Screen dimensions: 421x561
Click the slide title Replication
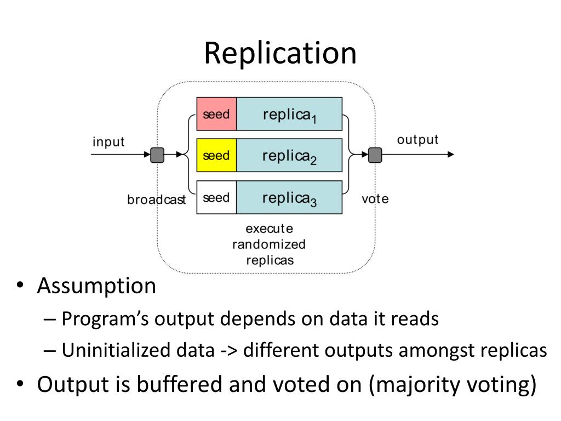280,53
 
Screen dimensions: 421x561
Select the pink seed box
216,114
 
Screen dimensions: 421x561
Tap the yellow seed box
216,156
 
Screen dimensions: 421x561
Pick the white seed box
216,197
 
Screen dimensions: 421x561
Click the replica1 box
289,114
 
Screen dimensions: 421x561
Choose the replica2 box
289,156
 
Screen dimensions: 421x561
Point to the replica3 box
289,197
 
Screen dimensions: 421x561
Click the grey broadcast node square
157,155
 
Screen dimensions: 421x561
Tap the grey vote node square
375,155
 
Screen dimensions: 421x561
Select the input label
108,142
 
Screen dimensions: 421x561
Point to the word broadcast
157,200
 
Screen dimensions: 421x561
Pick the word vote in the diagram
375,198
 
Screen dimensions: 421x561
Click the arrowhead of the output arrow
451,155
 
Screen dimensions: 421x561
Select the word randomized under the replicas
269,244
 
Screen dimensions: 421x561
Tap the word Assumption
96,286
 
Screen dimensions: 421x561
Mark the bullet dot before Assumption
20,287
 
